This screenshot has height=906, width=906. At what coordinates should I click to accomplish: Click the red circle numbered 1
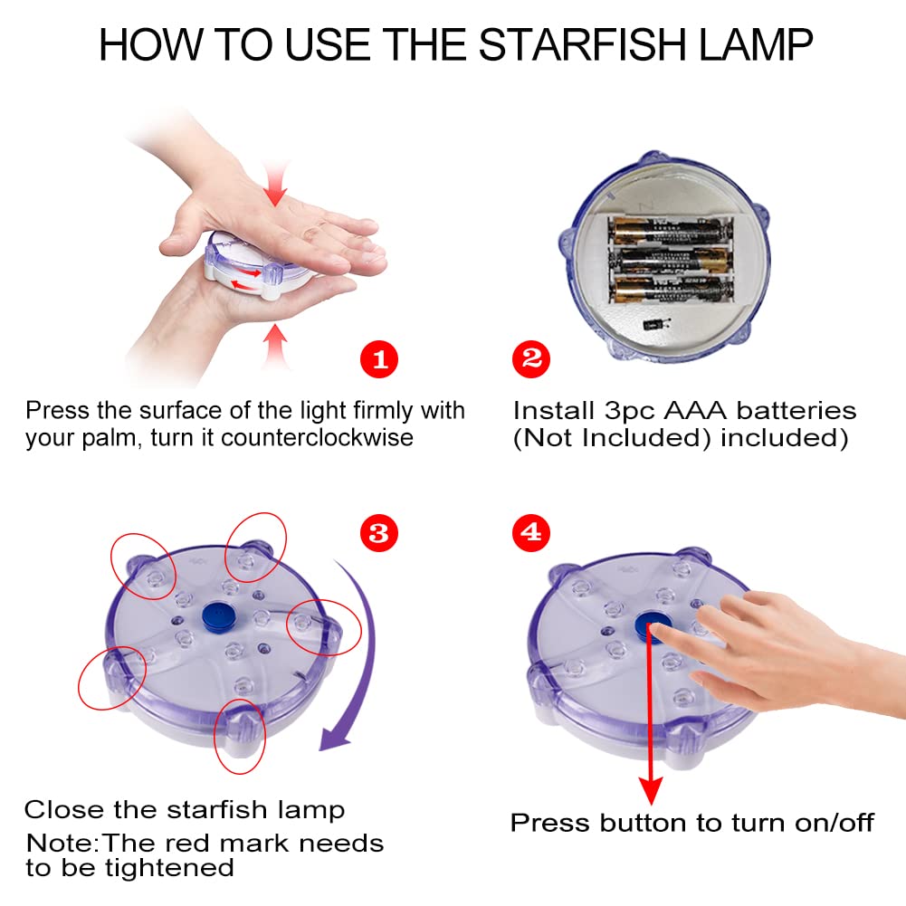click(379, 358)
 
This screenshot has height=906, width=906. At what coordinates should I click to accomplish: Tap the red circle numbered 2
click(531, 358)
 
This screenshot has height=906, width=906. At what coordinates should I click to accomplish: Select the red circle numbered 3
click(379, 533)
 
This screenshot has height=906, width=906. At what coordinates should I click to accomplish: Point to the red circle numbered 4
click(531, 533)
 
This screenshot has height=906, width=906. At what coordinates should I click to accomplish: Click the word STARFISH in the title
click(583, 44)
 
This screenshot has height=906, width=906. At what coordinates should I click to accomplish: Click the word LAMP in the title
click(756, 44)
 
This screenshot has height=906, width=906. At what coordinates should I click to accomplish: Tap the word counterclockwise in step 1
click(317, 437)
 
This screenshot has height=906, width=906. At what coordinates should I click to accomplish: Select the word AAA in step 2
click(694, 411)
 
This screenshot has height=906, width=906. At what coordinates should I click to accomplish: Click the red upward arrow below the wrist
click(276, 346)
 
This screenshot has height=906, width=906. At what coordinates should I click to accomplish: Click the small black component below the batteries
click(653, 325)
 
